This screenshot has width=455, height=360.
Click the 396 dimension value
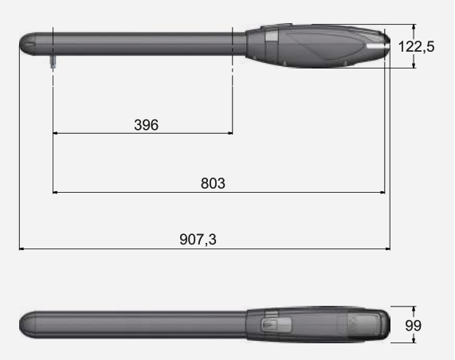147,125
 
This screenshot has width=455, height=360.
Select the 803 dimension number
213,183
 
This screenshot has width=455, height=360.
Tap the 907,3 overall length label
198,240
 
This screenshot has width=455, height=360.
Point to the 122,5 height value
417,47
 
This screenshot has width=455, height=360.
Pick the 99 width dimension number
414,326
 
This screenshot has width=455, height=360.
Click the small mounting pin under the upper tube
53,62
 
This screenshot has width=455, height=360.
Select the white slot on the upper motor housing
377,46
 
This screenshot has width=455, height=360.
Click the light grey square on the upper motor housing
272,37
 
